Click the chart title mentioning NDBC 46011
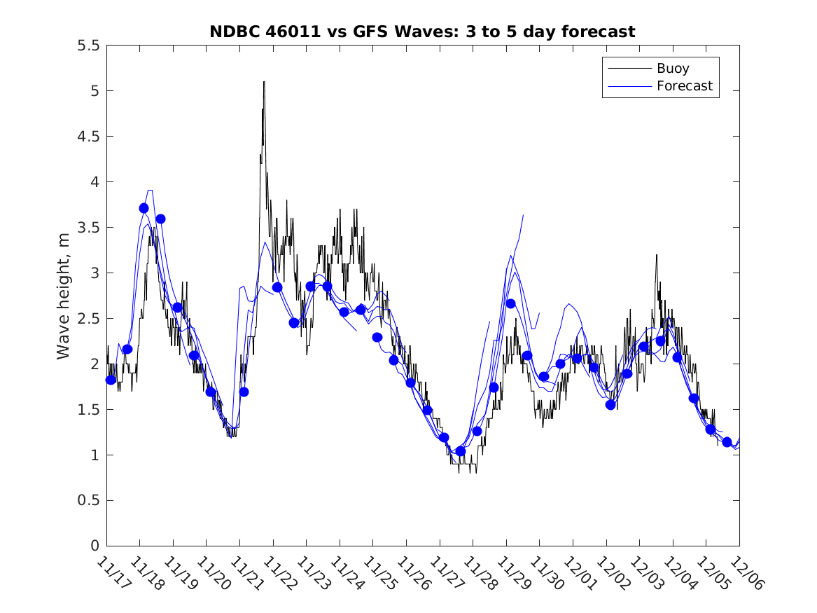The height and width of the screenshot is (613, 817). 422,32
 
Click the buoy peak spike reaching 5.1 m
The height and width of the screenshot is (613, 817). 264,82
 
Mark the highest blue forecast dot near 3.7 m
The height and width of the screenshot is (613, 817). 144,208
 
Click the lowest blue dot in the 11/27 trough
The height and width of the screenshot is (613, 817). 460,451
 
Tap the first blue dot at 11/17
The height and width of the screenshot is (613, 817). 110,380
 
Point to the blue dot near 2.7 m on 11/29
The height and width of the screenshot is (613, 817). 510,303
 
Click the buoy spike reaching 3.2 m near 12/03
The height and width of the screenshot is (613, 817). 657,255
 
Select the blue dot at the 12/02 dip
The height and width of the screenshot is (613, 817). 610,404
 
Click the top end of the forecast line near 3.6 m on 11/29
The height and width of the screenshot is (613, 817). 523,216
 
